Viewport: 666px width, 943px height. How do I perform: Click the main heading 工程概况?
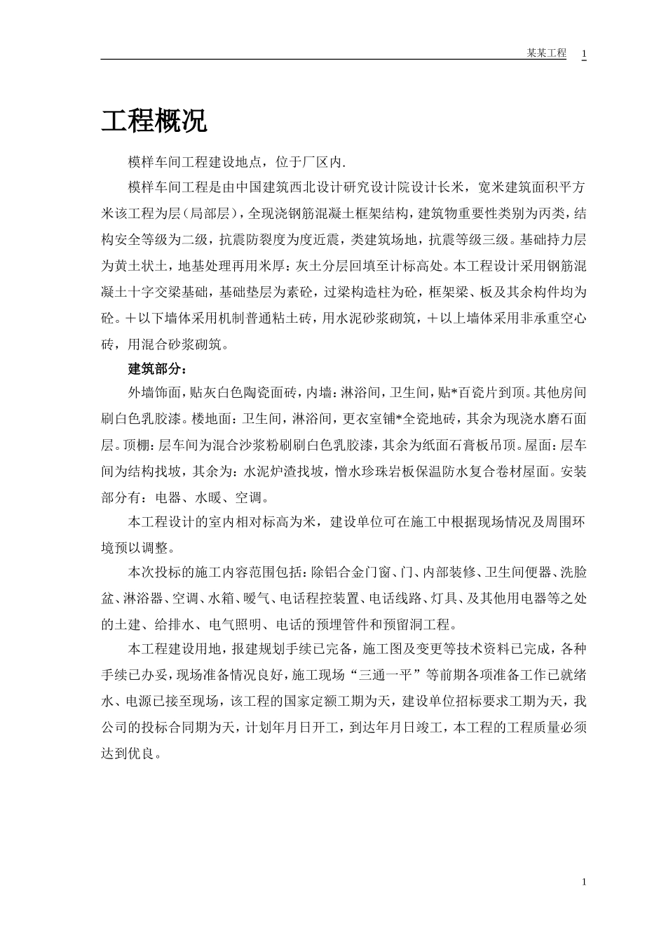click(154, 121)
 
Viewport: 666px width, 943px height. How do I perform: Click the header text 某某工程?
click(546, 53)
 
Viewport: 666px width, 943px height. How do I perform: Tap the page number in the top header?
click(584, 53)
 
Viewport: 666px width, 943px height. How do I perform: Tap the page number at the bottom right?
click(583, 882)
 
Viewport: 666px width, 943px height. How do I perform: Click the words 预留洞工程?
click(421, 624)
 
